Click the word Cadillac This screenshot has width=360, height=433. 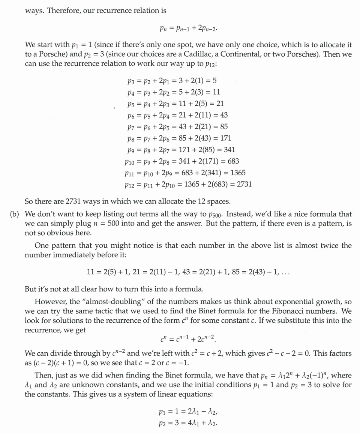[198, 54]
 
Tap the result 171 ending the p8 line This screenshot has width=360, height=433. [225, 138]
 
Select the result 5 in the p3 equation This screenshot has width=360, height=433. [214, 81]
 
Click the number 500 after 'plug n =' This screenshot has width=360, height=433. [114, 224]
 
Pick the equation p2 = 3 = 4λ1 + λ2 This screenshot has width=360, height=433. [188, 423]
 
